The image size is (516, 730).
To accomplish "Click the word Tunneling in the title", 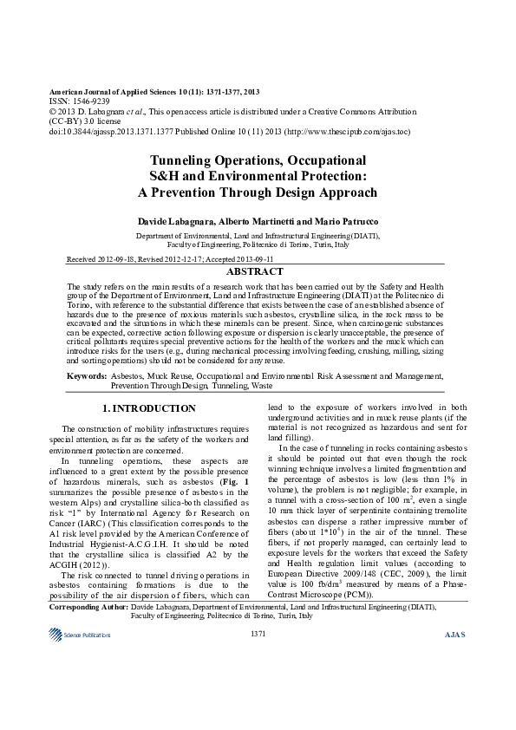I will pos(187,160).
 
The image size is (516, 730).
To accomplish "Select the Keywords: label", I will pos(87,376).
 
